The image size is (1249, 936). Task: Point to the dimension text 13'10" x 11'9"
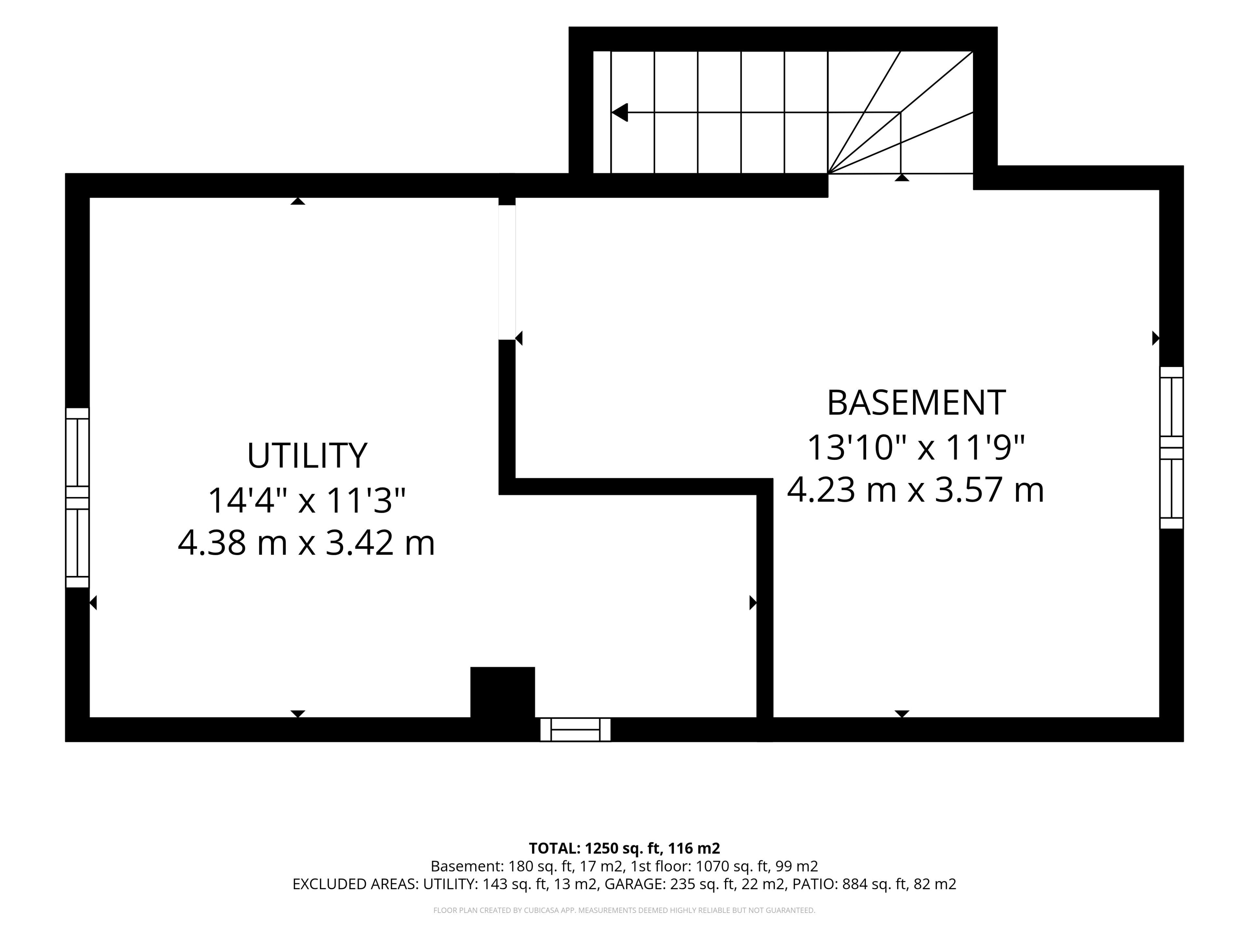pos(916,448)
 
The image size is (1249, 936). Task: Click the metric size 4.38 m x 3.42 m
pos(307,543)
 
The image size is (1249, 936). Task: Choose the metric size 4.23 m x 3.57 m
pos(916,490)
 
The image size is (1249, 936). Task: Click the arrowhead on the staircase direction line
pos(619,112)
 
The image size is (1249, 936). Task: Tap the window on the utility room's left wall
pos(77,498)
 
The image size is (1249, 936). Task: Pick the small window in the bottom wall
pos(575,730)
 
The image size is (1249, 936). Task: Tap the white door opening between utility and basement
pos(507,272)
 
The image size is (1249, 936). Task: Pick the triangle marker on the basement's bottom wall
pos(902,714)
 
